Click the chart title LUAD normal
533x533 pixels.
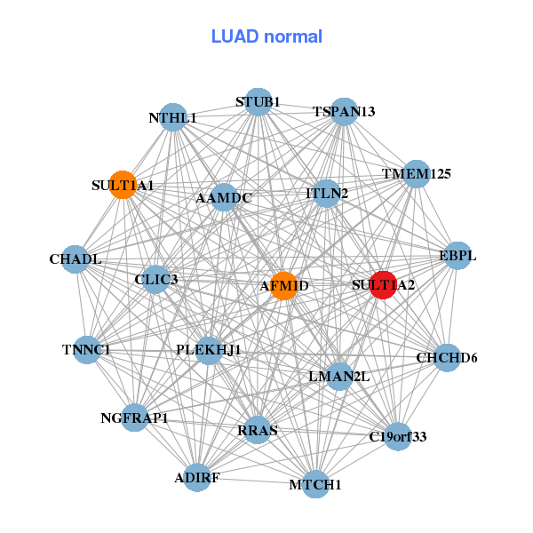[266, 36]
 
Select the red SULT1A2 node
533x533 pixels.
[382, 285]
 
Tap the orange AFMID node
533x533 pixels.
[283, 285]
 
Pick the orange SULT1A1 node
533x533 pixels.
[123, 185]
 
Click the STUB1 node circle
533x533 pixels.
[258, 102]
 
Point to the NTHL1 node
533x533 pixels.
[173, 117]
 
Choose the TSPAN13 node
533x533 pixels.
[344, 112]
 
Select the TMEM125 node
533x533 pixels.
[417, 174]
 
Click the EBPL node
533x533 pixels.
[457, 256]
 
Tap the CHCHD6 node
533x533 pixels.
[447, 358]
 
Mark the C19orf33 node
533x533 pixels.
[397, 436]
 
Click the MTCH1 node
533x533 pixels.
[315, 484]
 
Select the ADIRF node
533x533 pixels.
[197, 478]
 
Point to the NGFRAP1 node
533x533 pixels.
[134, 418]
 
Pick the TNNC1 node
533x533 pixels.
[86, 350]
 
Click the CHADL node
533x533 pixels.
[76, 259]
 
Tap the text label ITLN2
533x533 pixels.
[327, 193]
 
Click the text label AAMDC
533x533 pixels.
[224, 197]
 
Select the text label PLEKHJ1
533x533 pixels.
[209, 349]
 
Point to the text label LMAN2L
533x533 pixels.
[338, 377]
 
